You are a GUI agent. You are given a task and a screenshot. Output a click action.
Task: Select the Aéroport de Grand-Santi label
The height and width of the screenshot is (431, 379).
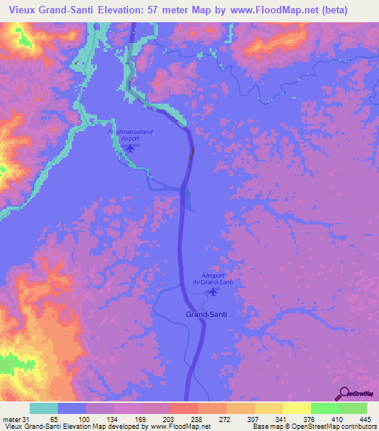(212, 278)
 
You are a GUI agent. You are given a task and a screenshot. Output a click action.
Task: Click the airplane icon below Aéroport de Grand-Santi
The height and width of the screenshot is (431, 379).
(213, 291)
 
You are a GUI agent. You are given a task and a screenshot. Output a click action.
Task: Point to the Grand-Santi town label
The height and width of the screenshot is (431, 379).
(206, 314)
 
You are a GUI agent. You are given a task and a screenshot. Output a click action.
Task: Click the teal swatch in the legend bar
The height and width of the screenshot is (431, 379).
(43, 409)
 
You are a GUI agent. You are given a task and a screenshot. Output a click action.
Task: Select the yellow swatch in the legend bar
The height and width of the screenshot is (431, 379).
(296, 409)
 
